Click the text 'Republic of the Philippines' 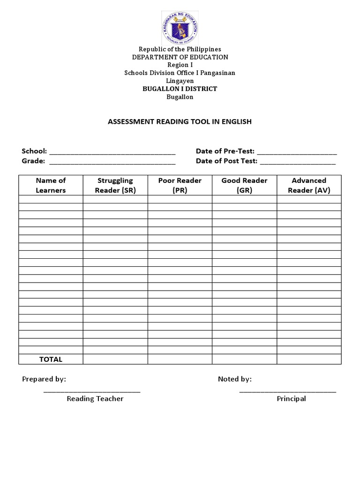(180, 49)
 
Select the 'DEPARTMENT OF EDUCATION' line (180, 57)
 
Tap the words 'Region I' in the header (180, 65)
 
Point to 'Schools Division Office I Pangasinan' (180, 73)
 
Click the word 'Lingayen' (180, 81)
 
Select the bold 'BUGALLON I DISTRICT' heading (180, 89)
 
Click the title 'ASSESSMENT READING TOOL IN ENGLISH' (180, 121)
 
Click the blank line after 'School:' (112, 152)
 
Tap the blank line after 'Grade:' (112, 162)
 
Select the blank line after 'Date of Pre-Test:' (297, 152)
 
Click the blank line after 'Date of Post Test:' (298, 162)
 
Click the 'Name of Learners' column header (51, 185)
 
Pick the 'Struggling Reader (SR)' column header (115, 185)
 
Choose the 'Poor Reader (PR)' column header (180, 185)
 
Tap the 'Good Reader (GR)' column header (244, 185)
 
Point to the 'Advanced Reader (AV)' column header (309, 185)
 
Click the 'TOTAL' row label (51, 360)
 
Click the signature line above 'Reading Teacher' (92, 391)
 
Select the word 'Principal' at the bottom (291, 399)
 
